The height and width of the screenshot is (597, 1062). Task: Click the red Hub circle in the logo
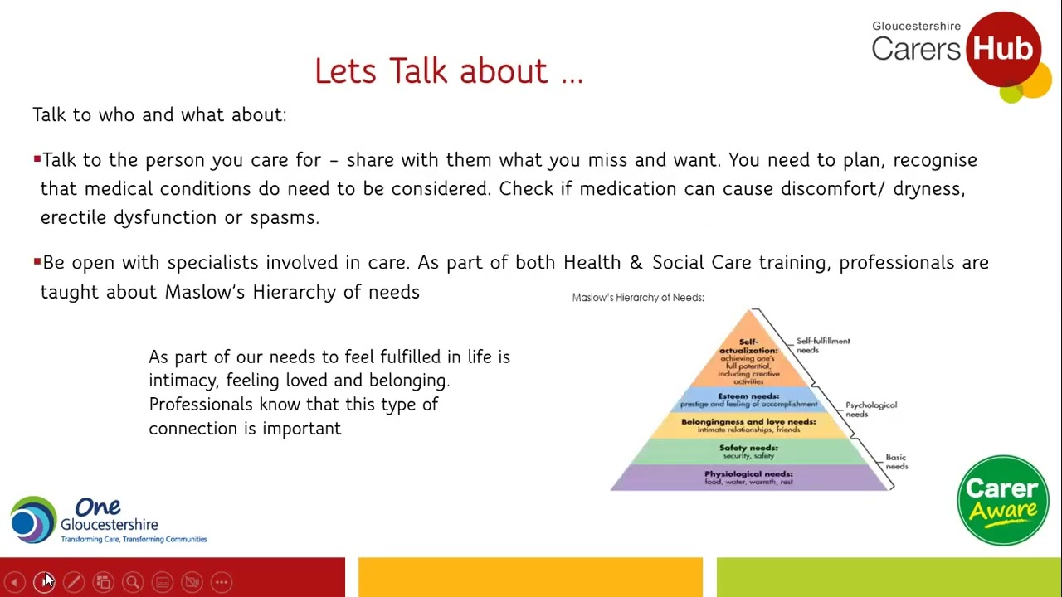[x=1003, y=49]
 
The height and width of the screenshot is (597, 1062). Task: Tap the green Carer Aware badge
[x=1003, y=500]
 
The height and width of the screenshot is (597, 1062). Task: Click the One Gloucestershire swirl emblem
[x=33, y=519]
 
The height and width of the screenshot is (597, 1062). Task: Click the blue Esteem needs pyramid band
[x=749, y=400]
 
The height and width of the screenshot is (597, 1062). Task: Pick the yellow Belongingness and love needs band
[x=749, y=425]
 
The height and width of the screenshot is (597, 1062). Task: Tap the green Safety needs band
[x=749, y=452]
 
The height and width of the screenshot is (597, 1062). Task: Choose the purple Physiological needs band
[x=749, y=478]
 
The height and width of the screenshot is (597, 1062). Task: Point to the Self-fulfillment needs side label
[x=823, y=346]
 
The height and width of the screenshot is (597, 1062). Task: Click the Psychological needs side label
[x=871, y=410]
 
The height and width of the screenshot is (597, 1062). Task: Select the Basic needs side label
[x=897, y=462]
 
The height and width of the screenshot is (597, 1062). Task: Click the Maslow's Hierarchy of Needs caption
[x=638, y=298]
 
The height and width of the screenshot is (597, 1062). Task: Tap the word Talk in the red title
[x=418, y=71]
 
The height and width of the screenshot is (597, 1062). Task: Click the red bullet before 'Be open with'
[x=37, y=261]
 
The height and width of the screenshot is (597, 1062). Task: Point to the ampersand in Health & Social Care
[x=636, y=263]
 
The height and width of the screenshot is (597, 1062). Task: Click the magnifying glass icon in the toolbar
[x=133, y=582]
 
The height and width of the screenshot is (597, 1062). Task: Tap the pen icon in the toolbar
[x=74, y=582]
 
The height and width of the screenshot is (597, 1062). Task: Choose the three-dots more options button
[x=222, y=582]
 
